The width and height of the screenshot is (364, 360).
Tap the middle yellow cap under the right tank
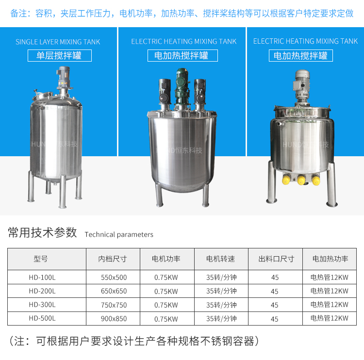click(x=301, y=180)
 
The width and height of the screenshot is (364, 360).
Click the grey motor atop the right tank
click(x=302, y=86)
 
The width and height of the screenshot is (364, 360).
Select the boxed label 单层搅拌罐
click(x=60, y=55)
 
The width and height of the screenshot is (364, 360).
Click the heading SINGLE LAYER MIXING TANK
click(x=58, y=42)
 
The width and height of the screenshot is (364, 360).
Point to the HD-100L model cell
click(x=42, y=278)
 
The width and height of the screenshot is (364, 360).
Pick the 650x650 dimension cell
click(x=114, y=291)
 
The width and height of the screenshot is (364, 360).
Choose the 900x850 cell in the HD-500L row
click(x=114, y=319)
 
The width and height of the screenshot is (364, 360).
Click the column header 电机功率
click(x=166, y=259)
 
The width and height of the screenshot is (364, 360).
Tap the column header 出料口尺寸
click(x=276, y=259)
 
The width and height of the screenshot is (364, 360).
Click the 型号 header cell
click(x=41, y=259)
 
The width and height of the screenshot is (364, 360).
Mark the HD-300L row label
click(x=42, y=305)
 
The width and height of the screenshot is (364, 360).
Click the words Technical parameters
click(x=119, y=234)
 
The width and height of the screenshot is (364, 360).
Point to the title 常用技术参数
click(x=42, y=232)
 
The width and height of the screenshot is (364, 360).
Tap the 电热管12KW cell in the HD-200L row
click(x=330, y=291)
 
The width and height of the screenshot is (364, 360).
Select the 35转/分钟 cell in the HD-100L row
click(x=221, y=278)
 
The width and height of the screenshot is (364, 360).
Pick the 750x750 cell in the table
click(x=114, y=305)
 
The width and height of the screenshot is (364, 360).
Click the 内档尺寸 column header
click(x=113, y=259)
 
